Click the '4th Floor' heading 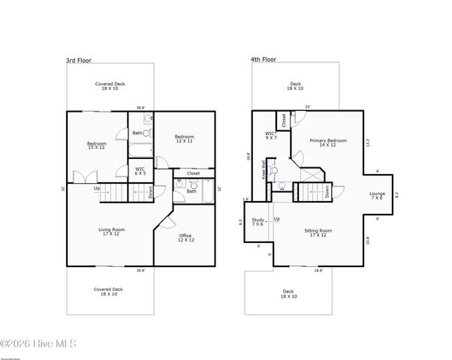coord(264,59)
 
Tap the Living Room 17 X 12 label coord(111,232)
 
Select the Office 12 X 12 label coord(185,238)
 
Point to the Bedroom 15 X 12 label coord(96,145)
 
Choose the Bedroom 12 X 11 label coord(185,139)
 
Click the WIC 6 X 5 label coord(140,171)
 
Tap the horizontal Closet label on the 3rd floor coord(193,173)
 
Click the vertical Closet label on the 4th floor coord(283,119)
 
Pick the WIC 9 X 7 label coord(271,136)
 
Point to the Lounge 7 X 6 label coord(377,196)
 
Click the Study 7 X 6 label coord(258,222)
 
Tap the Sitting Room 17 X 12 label coord(318,233)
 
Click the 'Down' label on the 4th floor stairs coord(328,191)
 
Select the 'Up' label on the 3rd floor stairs coord(97,188)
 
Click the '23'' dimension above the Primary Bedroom coord(307,106)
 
